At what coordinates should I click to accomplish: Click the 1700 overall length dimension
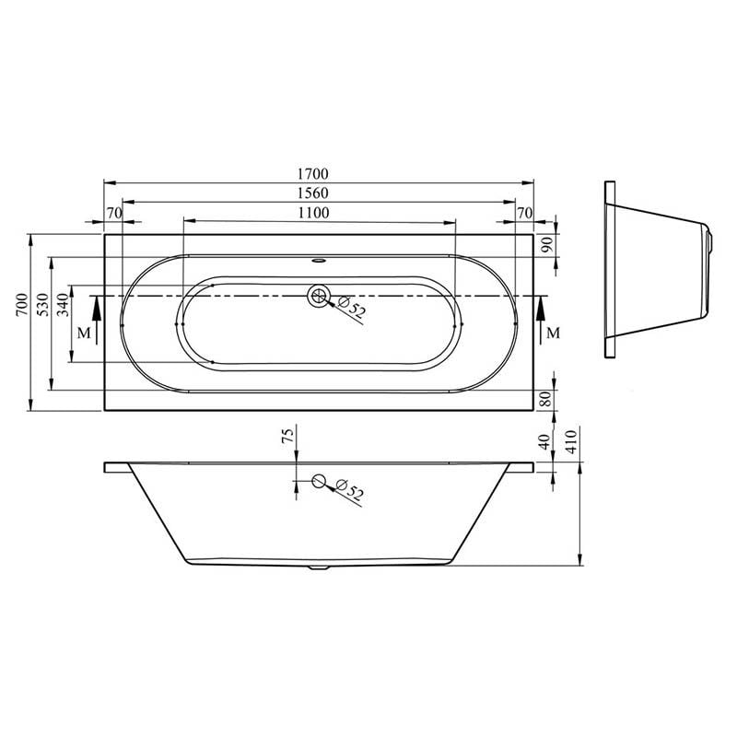point(314,173)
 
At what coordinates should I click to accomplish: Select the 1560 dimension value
point(314,193)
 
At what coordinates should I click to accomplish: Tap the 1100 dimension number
point(314,213)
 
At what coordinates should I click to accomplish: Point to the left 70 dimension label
point(114,213)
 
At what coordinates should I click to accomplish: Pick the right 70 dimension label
point(525,213)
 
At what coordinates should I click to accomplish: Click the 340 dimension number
point(63,304)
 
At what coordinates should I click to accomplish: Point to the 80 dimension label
point(546,400)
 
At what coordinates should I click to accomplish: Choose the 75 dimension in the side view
point(287,437)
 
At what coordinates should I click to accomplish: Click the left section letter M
point(84,333)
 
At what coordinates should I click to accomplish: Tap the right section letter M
point(553,333)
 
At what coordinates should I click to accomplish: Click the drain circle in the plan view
point(319,296)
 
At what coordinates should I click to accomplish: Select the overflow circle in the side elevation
point(319,481)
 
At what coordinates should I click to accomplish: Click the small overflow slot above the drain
point(319,259)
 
